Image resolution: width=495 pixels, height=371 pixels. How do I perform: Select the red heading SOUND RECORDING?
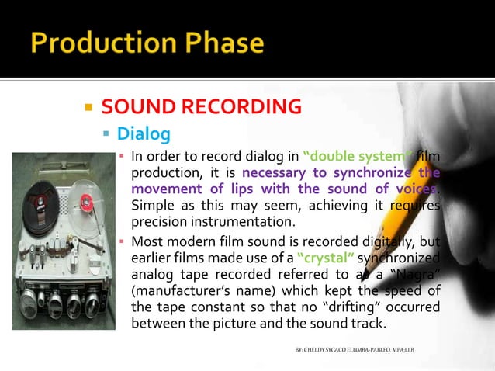click(x=201, y=106)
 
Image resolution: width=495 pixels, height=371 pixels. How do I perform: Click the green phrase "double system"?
click(x=346, y=157)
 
